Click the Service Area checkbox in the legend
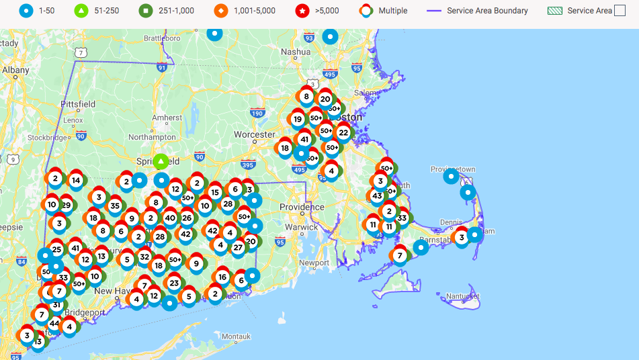[x=620, y=10]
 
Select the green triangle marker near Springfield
[x=161, y=162]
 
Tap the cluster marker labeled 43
[x=377, y=196]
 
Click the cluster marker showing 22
[x=343, y=133]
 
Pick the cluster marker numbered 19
[x=298, y=119]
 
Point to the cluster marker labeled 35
[x=115, y=206]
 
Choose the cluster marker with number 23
[x=174, y=283]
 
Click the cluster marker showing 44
[x=54, y=324]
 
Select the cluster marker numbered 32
[x=144, y=257]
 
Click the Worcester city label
[x=255, y=134]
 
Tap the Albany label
[x=15, y=69]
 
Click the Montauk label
[x=236, y=336]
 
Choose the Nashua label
[x=296, y=51]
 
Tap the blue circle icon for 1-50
[x=26, y=10]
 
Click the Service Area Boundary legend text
[x=487, y=10]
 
